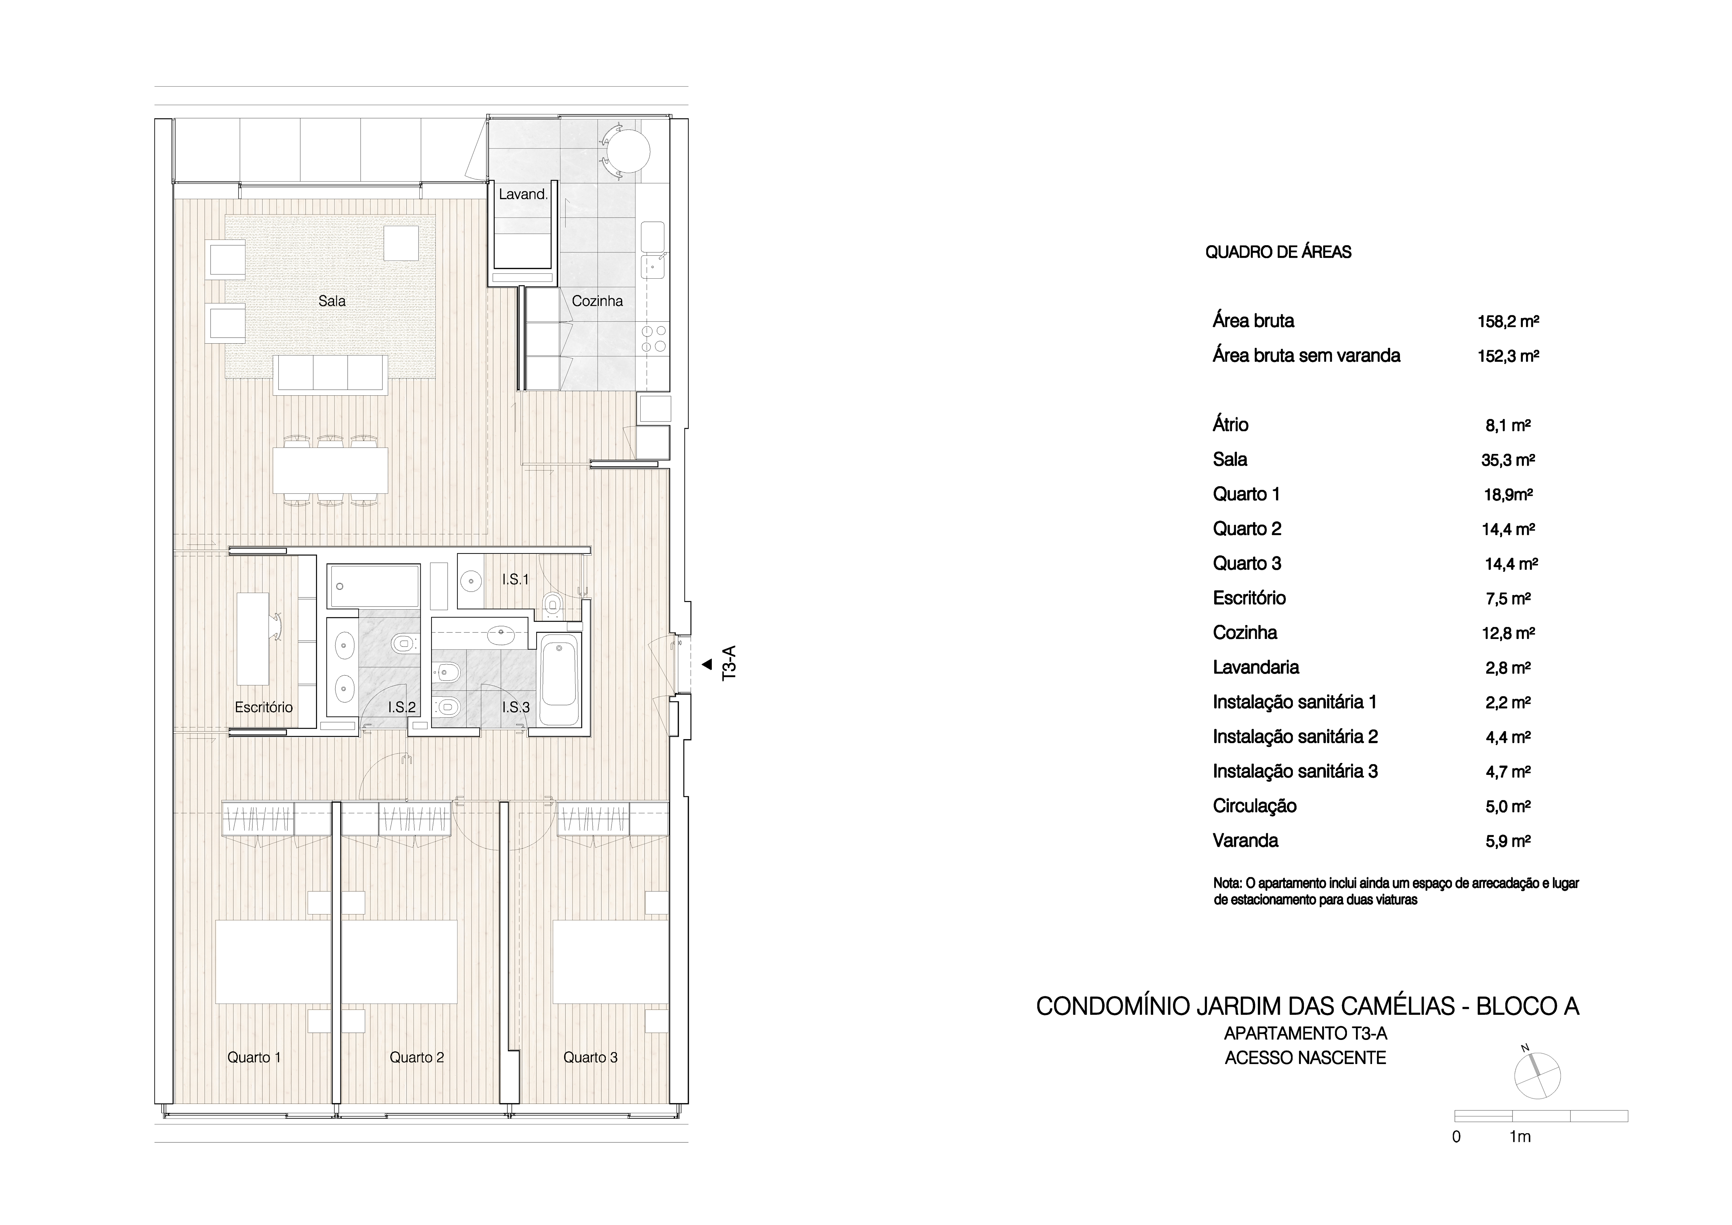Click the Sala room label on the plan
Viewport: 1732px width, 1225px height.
click(332, 301)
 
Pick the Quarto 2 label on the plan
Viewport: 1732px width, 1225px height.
click(417, 1057)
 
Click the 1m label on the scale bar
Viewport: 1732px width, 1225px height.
click(1520, 1137)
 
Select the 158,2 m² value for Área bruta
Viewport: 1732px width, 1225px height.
click(1508, 321)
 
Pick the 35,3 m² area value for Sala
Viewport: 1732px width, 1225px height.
click(1508, 460)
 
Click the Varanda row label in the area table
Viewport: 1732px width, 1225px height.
click(1245, 840)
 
